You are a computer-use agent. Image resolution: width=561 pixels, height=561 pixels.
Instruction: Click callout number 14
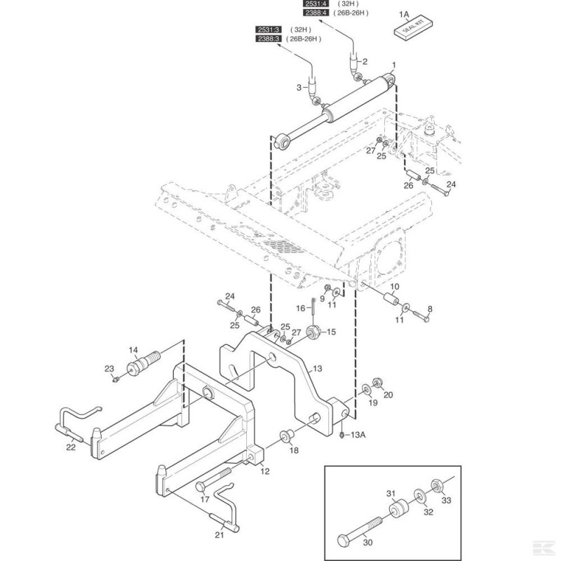(x=133, y=350)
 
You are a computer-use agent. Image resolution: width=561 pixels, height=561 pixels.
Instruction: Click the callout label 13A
(x=358, y=435)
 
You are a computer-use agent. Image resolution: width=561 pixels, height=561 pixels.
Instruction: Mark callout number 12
(x=265, y=471)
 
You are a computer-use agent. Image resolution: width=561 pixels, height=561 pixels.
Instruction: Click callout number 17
(x=205, y=499)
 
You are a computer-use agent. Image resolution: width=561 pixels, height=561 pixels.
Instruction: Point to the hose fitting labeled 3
(x=313, y=88)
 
